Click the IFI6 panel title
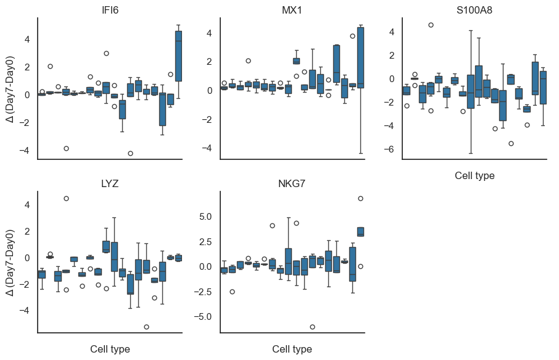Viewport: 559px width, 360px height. [110, 10]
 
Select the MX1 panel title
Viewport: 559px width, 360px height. [292, 10]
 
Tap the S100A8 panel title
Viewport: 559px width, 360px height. [474, 10]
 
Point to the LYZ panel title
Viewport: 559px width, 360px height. [110, 183]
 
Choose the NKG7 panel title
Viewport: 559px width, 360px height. [292, 183]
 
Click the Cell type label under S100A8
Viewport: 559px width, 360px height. [474, 175]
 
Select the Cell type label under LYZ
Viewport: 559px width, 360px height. [110, 349]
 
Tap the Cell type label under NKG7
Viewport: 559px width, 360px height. [292, 349]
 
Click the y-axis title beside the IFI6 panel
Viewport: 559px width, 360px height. [10, 88]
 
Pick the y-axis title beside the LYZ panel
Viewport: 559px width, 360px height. [10, 262]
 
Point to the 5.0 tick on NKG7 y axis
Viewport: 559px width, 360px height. [205, 217]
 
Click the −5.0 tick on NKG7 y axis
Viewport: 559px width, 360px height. [204, 316]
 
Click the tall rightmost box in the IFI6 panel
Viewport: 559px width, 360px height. [178, 56]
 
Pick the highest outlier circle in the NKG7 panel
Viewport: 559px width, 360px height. [360, 198]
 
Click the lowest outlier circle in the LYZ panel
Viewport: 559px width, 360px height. [146, 327]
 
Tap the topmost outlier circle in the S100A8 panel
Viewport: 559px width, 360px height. [431, 25]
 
